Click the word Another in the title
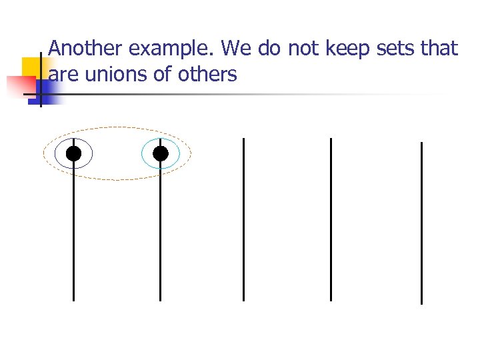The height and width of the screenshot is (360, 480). [86, 49]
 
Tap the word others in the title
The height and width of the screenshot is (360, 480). [207, 74]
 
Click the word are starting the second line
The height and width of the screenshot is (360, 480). [63, 74]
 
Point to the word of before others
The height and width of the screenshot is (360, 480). [162, 74]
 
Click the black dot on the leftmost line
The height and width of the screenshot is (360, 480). [73, 154]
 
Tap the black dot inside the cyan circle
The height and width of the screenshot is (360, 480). [161, 154]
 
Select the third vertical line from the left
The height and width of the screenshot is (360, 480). [244, 220]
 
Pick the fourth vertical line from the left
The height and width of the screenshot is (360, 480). [331, 220]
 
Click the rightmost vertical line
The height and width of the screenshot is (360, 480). [421, 223]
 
